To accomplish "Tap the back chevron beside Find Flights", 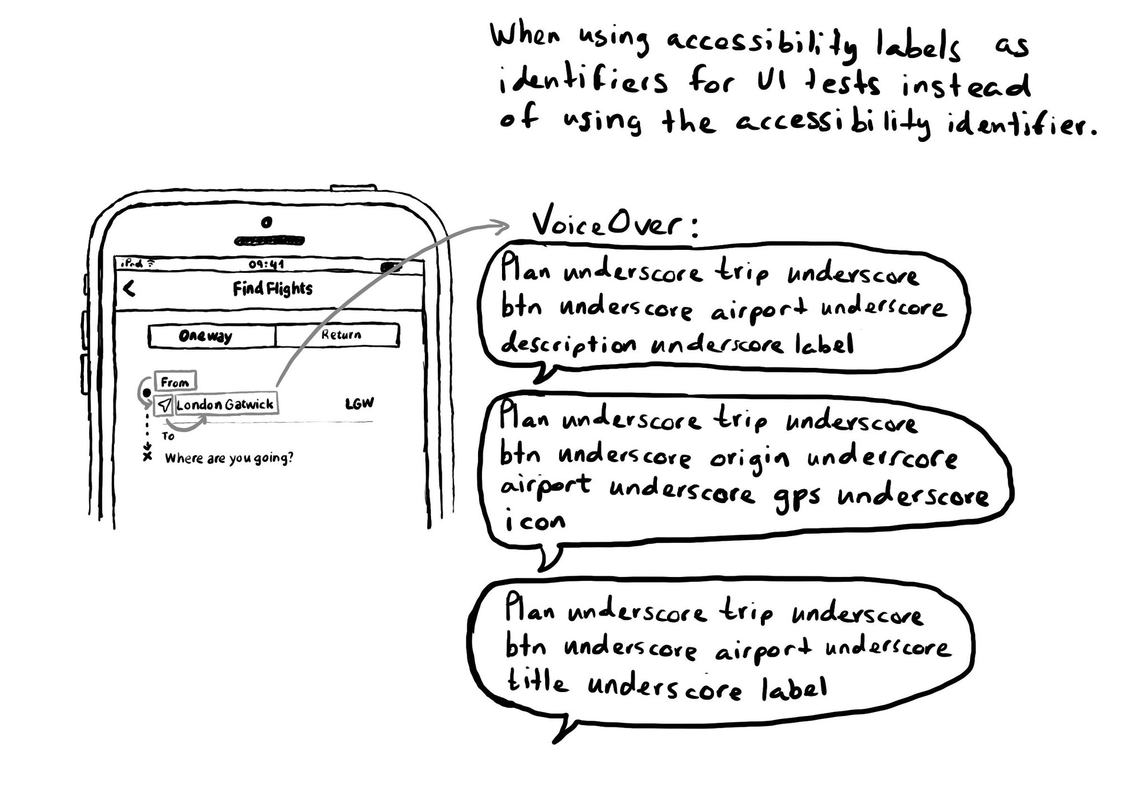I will tap(130, 288).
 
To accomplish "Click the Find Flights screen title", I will tap(272, 288).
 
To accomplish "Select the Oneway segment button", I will tap(206, 336).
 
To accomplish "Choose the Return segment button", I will tap(340, 335).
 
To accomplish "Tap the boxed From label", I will tap(175, 382).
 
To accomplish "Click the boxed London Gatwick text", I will tap(225, 404).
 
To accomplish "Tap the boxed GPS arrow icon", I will tap(164, 405).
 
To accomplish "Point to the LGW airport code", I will tap(359, 403).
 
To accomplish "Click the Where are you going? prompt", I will tap(229, 458).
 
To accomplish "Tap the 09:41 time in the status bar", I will tap(266, 264).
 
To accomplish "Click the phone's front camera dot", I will tap(267, 223).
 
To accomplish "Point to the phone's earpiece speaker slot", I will tap(269, 241).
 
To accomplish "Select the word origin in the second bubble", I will tap(750, 459).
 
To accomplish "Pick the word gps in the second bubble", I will tap(797, 497).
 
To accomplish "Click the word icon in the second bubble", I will tap(535, 522).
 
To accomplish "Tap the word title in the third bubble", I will tap(537, 683).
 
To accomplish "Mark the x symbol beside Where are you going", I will tap(148, 457).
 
